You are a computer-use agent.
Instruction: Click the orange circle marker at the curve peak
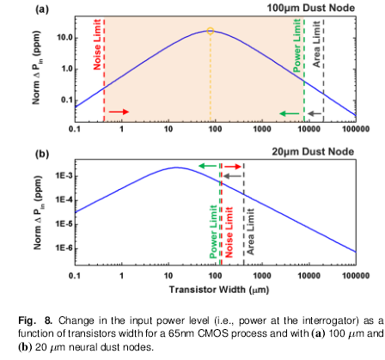211,31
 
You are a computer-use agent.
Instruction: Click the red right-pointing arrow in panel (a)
119,113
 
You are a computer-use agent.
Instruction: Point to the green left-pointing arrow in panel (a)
289,113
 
